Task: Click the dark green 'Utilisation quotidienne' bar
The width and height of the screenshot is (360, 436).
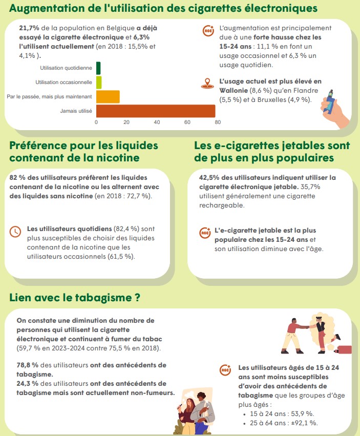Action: coord(98,68)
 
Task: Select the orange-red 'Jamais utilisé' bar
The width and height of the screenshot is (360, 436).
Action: coord(156,111)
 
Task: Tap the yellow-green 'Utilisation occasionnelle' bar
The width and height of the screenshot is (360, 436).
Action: coord(99,82)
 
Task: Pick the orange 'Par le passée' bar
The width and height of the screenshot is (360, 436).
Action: coord(108,97)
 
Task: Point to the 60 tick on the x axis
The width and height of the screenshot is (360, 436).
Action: coord(187,122)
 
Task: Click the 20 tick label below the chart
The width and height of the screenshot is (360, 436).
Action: coord(126,122)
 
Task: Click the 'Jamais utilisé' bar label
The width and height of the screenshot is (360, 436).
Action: coord(76,111)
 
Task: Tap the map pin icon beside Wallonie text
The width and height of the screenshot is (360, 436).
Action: coord(207,84)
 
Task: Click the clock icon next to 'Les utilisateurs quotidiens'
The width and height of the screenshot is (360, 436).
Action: coord(15,232)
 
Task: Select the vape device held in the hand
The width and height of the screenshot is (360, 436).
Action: coord(330,102)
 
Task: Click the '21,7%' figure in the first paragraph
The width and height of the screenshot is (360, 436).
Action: coord(29,28)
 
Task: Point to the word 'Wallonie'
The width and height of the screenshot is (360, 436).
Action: coord(234,91)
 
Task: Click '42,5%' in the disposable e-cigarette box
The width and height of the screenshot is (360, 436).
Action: coord(209,178)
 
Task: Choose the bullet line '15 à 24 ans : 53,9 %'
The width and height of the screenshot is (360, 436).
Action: coord(282,414)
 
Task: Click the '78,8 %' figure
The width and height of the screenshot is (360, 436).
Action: coord(27,365)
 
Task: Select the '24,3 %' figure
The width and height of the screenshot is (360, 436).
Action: coord(27,383)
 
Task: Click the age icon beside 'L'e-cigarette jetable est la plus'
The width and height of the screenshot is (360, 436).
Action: coord(205,233)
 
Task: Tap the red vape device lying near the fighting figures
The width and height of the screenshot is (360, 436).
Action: coord(344,349)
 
